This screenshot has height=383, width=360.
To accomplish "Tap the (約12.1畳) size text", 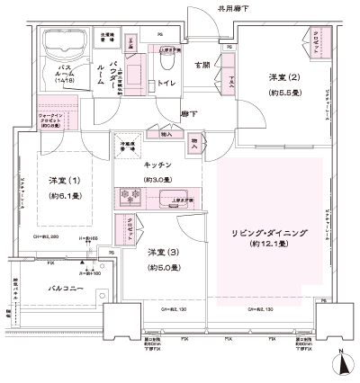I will pyautogui.click(x=267, y=245).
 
